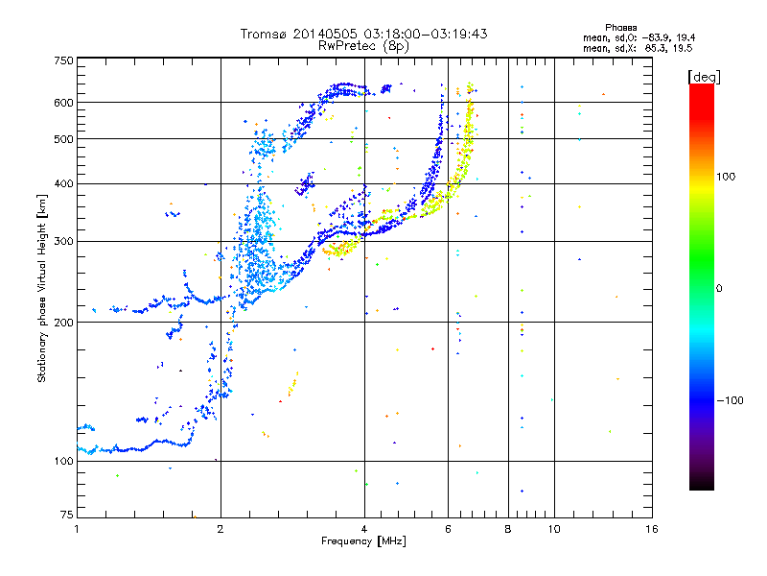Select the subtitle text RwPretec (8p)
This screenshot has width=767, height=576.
tap(363, 46)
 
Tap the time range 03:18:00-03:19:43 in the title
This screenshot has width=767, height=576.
tap(426, 34)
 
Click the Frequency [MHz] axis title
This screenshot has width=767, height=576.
tap(363, 541)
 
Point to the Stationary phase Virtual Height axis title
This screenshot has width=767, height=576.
tap(42, 288)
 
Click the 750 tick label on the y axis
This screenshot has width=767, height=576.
tap(63, 60)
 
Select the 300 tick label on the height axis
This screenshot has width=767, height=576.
tap(63, 242)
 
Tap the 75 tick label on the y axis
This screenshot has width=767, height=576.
tap(66, 515)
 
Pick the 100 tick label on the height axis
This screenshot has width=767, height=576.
tap(63, 462)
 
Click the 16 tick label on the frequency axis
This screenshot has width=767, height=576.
tap(652, 529)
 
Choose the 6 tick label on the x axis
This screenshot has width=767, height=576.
tap(448, 529)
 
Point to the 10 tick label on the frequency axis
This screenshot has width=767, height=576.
tap(554, 529)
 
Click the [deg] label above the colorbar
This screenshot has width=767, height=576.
tap(704, 77)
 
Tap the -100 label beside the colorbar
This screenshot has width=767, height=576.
tap(731, 400)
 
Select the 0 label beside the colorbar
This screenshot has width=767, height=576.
tap(719, 289)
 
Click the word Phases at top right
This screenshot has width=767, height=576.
tap(620, 28)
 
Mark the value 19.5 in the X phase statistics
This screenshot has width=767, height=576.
tap(683, 48)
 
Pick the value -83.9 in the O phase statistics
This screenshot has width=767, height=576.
tap(657, 37)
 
